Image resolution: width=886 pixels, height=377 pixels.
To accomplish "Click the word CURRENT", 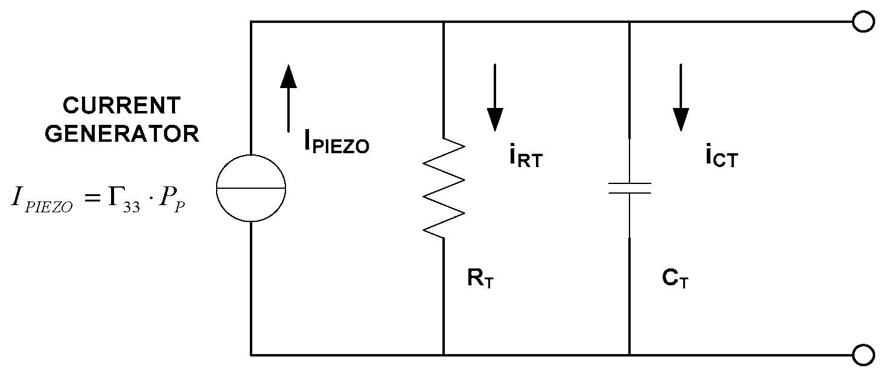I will [121, 106].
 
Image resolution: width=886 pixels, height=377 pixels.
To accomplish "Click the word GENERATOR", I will [121, 134].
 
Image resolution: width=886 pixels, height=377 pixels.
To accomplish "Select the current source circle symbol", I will [251, 188].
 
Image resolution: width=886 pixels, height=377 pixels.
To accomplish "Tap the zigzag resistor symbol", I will [444, 188].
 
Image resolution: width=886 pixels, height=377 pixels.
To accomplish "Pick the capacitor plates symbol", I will [629, 188].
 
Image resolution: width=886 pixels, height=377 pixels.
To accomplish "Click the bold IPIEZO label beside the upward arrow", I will [336, 144].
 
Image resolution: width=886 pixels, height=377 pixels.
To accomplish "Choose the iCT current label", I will [721, 157].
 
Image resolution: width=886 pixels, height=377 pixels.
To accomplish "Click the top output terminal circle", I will [864, 22].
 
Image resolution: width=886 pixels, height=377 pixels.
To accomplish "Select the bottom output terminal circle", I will [864, 354].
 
